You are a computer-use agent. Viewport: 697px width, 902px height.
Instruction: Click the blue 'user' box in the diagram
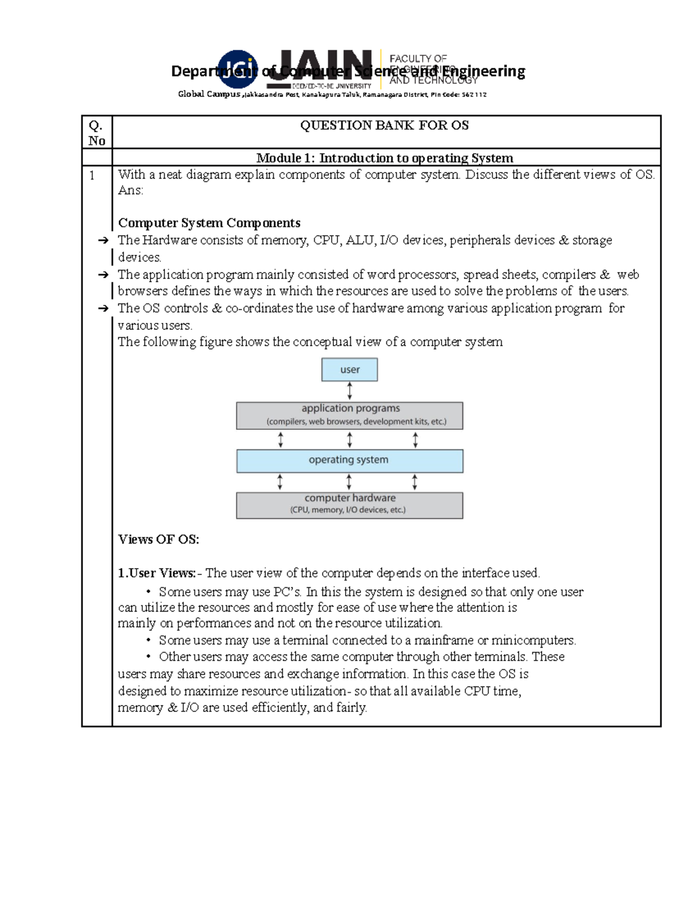coord(350,369)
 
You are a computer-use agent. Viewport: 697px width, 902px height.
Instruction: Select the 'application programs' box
coord(350,415)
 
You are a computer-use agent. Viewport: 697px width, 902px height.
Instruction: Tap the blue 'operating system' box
coord(350,461)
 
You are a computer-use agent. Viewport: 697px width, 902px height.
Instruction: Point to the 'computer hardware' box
coord(350,505)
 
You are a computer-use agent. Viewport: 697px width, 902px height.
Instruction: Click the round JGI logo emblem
coord(238,70)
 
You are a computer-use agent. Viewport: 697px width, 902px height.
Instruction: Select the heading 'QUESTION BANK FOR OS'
coord(385,125)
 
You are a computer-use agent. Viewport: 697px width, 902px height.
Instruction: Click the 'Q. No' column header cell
coord(96,132)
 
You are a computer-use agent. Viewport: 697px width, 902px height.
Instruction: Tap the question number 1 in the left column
coord(92,175)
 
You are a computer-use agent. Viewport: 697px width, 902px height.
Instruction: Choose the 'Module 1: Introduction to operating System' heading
coord(385,158)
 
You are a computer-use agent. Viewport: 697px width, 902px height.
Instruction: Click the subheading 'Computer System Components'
coord(209,223)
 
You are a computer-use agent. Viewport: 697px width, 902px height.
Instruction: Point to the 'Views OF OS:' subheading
coord(159,539)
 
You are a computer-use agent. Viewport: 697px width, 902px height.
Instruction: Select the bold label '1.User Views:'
coord(157,573)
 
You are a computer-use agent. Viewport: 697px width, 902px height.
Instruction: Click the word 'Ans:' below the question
coord(131,191)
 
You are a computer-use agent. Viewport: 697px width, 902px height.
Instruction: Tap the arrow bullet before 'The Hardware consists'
coord(103,240)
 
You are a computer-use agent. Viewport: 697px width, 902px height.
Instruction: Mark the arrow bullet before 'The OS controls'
coord(103,308)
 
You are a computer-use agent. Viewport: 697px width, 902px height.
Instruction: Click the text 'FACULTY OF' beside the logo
coord(418,59)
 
